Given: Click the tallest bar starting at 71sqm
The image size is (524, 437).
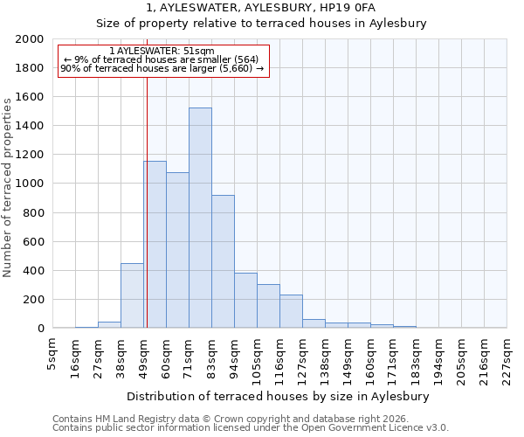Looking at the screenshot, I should coord(200,218).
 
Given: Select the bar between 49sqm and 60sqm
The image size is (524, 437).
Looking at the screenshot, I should coord(155,245).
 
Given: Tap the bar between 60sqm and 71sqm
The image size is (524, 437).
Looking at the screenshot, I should coord(177,250).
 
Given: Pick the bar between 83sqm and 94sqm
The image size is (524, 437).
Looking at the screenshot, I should coord(223,261).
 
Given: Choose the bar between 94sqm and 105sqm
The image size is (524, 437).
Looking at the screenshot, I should coord(245,301).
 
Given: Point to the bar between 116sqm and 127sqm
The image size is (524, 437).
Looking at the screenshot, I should coord(291,311).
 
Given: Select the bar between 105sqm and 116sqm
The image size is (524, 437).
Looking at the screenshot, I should coord(268,306).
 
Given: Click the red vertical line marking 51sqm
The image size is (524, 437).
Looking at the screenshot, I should coord(147,192).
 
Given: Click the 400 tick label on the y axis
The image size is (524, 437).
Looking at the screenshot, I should coord(33,271).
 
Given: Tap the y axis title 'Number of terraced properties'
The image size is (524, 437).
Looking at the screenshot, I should coord(8,187).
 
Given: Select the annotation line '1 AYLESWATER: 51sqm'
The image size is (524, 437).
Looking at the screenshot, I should coord(162,52).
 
